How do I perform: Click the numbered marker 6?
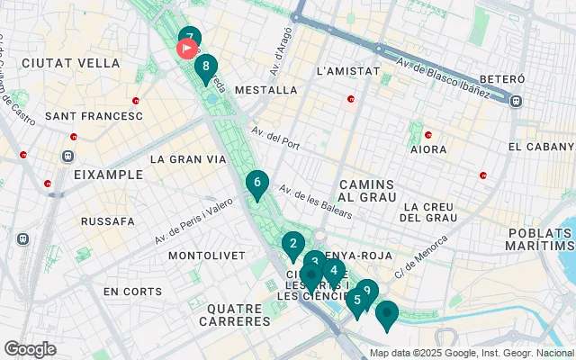pyautogui.click(x=257, y=184)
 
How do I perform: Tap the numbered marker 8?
pyautogui.click(x=206, y=67)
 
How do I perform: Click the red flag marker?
pyautogui.click(x=187, y=48)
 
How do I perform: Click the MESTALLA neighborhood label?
pyautogui.click(x=265, y=90)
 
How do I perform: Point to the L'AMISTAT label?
pyautogui.click(x=345, y=70)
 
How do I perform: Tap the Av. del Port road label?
pyautogui.click(x=275, y=140)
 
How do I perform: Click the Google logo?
pyautogui.click(x=30, y=349)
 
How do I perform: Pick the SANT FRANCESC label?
pyautogui.click(x=94, y=116)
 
